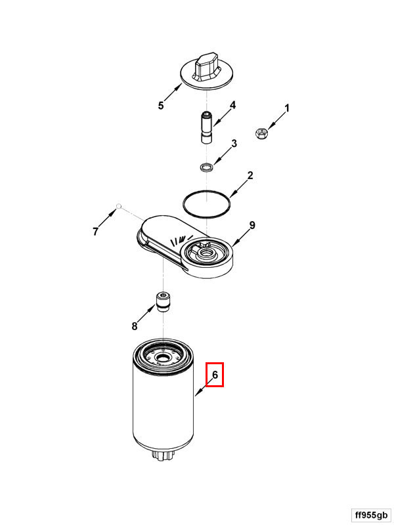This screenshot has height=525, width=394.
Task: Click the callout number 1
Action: click(287, 108)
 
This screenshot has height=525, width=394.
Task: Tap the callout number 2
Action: click(250, 175)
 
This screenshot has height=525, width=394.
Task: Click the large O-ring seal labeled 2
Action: click(207, 203)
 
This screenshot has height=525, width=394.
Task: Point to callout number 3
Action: click(234, 143)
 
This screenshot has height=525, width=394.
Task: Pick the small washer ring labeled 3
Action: click(206, 167)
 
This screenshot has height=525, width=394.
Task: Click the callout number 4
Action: click(232, 105)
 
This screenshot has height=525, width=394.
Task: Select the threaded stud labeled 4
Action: click(206, 128)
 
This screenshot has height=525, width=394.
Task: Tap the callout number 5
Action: click(161, 106)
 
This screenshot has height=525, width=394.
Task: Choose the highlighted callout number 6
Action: click(215, 375)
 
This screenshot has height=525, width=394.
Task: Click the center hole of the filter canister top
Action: click(163, 358)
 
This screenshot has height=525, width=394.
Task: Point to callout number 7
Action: click(96, 232)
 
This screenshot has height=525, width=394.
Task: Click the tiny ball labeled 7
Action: click(118, 205)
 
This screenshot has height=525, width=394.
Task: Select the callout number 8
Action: click(135, 325)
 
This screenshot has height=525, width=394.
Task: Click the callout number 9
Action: click(252, 225)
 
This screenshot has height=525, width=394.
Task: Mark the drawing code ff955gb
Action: click(371, 515)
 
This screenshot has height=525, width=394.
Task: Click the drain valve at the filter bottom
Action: click(163, 455)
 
